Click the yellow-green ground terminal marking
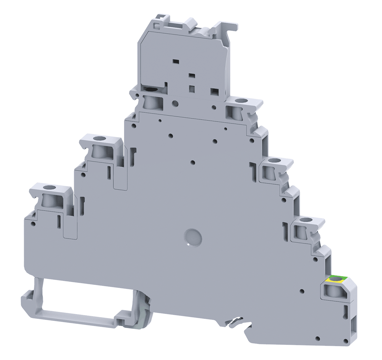336,279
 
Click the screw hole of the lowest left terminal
49,188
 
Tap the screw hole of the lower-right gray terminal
304,220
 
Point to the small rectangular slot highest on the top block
175,61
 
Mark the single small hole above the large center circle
193,162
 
